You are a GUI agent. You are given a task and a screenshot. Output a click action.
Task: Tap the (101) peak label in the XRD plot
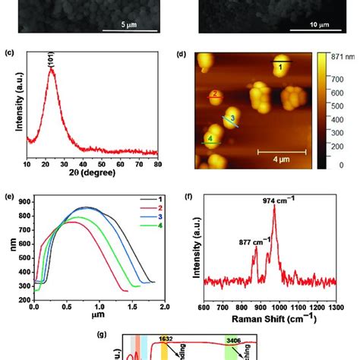52,64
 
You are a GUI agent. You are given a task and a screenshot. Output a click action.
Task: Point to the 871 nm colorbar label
345,58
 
